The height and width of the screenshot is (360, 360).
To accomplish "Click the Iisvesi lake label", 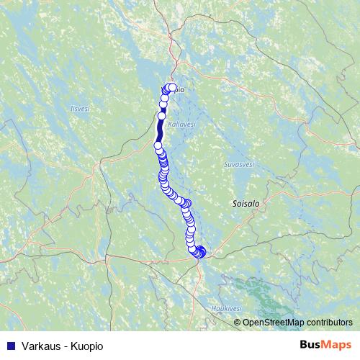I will (79, 109).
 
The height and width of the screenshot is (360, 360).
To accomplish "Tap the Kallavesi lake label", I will (181, 125).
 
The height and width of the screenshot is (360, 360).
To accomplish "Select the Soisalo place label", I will (246, 204).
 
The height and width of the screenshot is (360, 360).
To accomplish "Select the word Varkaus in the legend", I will (40, 346).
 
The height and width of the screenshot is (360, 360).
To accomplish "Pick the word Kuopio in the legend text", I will (86, 346).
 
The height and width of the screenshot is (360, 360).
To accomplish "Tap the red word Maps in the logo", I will (336, 345).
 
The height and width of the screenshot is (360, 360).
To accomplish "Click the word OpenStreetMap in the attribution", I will (272, 322).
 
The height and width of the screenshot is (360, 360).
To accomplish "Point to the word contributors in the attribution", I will (328, 322).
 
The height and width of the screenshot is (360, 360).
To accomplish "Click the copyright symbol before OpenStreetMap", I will (237, 322).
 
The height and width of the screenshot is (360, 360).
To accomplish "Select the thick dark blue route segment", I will (160, 130).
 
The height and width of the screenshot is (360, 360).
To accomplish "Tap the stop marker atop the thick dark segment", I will (162, 115).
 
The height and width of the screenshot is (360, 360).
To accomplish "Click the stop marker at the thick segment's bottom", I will (158, 145).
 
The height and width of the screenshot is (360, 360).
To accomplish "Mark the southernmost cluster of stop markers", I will (199, 251).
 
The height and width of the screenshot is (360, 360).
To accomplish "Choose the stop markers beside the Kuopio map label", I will (170, 89).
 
